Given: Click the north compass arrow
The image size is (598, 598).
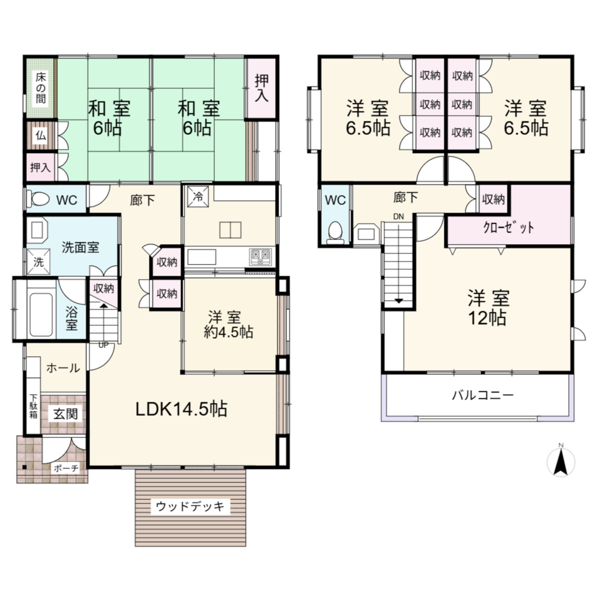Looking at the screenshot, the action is (561, 463).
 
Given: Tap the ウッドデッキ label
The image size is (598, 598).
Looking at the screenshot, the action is (190, 506).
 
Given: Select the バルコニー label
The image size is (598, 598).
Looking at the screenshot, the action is (483, 395).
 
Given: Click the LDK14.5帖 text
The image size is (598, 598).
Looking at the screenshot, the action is (182, 409).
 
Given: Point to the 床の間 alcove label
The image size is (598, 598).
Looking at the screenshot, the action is (41, 88).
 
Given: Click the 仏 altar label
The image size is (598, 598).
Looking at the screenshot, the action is (41, 135).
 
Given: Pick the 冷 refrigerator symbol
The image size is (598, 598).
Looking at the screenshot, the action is (198, 196).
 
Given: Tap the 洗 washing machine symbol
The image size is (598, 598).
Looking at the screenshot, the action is (39, 262).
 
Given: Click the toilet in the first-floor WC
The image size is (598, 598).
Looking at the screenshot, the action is (39, 199).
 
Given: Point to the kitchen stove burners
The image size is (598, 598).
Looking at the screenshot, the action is (261, 257).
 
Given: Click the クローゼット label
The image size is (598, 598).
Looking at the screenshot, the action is (508, 228).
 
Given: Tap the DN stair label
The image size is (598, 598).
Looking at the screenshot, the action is (398, 217).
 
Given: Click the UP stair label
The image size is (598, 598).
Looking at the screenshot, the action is (103, 345).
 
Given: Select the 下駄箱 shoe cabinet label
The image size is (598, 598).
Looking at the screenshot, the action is (33, 406).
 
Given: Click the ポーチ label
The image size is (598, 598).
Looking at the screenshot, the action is (65, 468).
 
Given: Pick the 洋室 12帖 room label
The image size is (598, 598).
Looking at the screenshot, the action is (488, 308).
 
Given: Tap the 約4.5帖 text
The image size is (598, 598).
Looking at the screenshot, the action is (228, 332).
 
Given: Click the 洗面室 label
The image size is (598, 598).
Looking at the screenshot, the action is (80, 247).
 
